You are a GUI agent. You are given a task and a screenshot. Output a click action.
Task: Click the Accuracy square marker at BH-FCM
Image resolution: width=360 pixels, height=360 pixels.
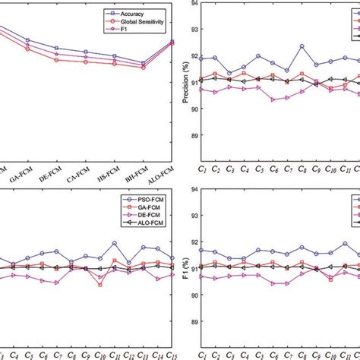[x=143, y=63]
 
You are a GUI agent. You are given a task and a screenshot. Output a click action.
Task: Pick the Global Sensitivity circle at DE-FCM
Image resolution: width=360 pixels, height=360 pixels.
[x=57, y=60]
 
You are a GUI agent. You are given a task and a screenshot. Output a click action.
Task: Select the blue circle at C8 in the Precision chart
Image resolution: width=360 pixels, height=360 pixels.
[x=302, y=46]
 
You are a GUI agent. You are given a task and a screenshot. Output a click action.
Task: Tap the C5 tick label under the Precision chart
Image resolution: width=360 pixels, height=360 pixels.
[x=258, y=169]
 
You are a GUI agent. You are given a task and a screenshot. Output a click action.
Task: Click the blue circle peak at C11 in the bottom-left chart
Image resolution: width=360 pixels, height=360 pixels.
[x=115, y=244]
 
